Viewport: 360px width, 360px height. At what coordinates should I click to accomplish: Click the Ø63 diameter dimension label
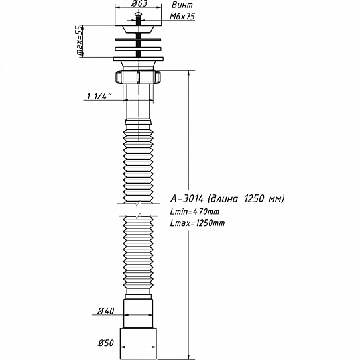pos(139,3)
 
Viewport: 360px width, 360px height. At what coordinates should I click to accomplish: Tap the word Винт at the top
pos(182,5)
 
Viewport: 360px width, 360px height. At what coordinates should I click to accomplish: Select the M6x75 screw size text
pos(182,16)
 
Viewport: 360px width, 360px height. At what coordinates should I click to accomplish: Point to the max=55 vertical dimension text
pos(80,40)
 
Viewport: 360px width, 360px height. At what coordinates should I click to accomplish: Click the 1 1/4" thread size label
pos(99,96)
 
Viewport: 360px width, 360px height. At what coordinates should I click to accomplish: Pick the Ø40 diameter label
pos(106,311)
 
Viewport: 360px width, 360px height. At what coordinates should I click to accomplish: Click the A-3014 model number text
pos(187,198)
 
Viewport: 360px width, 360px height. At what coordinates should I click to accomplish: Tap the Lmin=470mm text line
pos(195,211)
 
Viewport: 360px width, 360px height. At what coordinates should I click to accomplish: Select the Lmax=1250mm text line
pos(198,223)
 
